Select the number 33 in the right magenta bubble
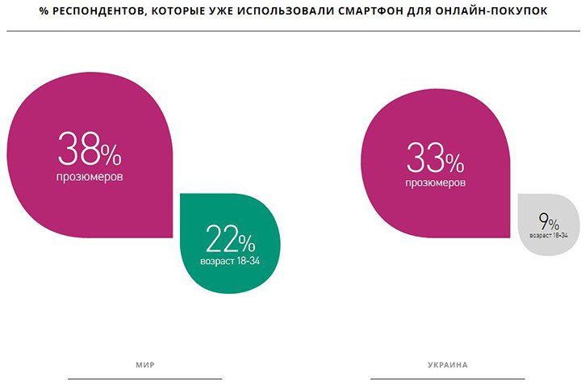tap(426, 157)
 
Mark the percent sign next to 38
tap(111, 153)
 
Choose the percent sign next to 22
tap(246, 241)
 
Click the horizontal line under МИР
tap(144, 378)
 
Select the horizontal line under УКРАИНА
tap(447, 378)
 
